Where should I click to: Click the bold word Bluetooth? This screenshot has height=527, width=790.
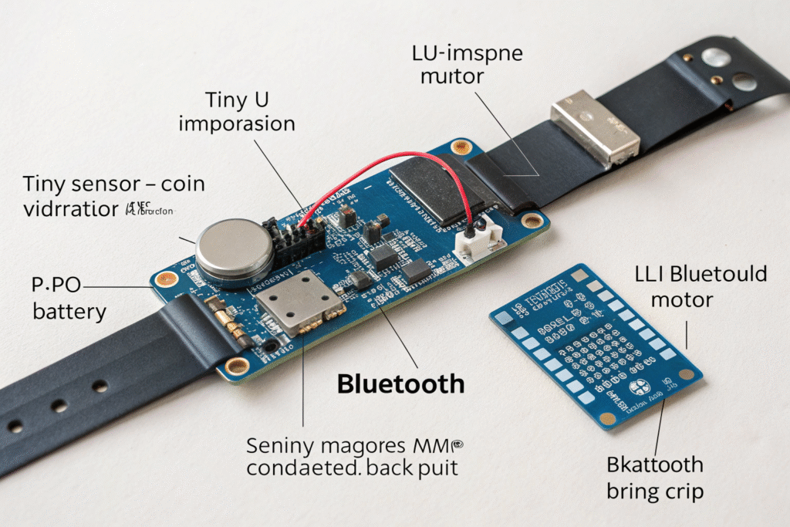[401, 383]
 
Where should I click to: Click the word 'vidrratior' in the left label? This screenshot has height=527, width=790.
[67, 209]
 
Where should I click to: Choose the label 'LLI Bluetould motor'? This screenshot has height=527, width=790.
[701, 285]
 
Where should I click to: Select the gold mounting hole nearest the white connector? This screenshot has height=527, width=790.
[531, 221]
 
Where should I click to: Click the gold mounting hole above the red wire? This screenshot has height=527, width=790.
[461, 146]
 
